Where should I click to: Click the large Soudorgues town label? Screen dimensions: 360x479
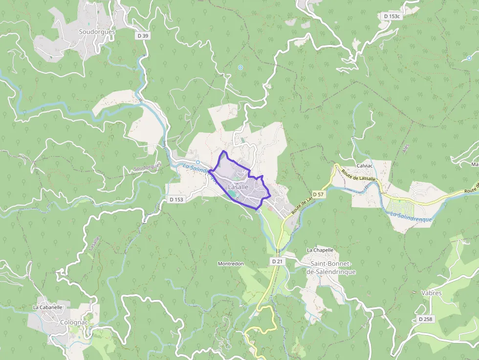pos(97,32)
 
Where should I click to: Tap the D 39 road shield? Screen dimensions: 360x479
pos(142,36)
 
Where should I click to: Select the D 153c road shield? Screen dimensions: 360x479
pos(392,16)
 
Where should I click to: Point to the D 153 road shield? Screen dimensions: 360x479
pos(176,199)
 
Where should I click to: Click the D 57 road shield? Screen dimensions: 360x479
pos(318,194)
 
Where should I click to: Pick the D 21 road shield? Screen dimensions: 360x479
pos(277,262)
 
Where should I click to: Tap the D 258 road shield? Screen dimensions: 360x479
pos(426,319)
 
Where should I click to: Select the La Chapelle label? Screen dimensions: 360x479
pos(320,250)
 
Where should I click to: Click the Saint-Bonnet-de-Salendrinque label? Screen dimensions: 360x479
pos(330,268)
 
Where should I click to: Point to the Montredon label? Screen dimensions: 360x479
pos(231,264)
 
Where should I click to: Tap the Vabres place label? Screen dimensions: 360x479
pos(431,293)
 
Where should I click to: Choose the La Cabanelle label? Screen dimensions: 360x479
pos(47,308)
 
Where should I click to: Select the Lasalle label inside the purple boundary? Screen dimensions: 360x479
pos(239,187)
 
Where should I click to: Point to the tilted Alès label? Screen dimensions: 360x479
pos(406,149)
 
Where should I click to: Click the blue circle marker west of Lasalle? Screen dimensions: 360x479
pos(197,162)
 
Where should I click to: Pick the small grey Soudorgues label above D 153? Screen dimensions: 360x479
pos(147,169)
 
